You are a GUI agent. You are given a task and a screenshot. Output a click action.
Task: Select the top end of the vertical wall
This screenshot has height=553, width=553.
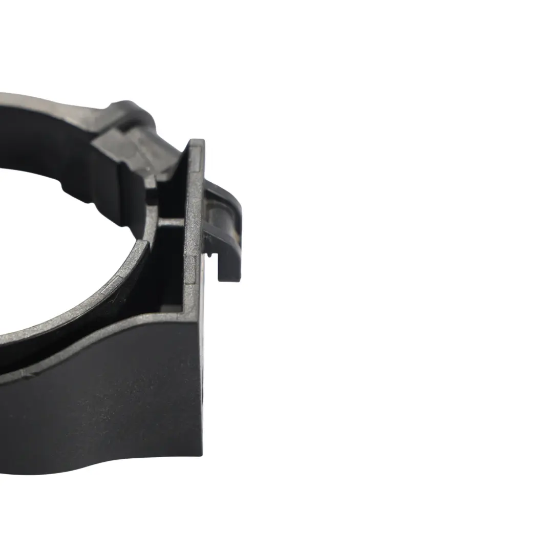(x=196, y=143)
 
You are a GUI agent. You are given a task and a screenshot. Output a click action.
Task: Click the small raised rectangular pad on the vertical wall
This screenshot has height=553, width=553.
(x=189, y=269)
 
